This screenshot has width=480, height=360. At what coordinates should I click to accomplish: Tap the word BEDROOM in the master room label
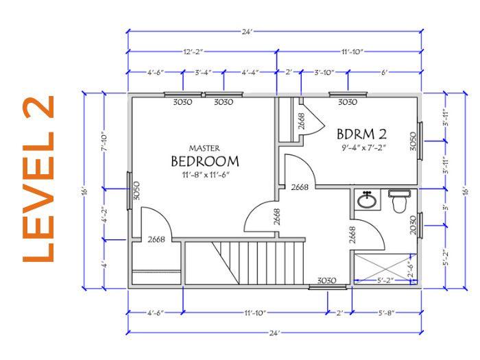(x=204, y=162)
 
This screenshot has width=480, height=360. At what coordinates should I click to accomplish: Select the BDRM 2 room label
(x=361, y=132)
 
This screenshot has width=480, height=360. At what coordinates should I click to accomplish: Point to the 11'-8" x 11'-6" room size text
(x=204, y=176)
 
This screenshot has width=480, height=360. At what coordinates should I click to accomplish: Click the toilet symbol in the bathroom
(x=398, y=203)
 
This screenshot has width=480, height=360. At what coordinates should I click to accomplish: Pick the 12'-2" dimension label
(x=193, y=51)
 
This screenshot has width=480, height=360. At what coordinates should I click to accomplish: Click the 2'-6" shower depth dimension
(x=409, y=265)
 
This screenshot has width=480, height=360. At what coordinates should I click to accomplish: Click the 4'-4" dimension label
(x=250, y=72)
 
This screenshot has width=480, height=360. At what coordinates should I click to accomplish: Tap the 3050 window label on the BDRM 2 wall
(x=413, y=141)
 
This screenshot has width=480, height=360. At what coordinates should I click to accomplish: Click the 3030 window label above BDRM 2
(x=348, y=102)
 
